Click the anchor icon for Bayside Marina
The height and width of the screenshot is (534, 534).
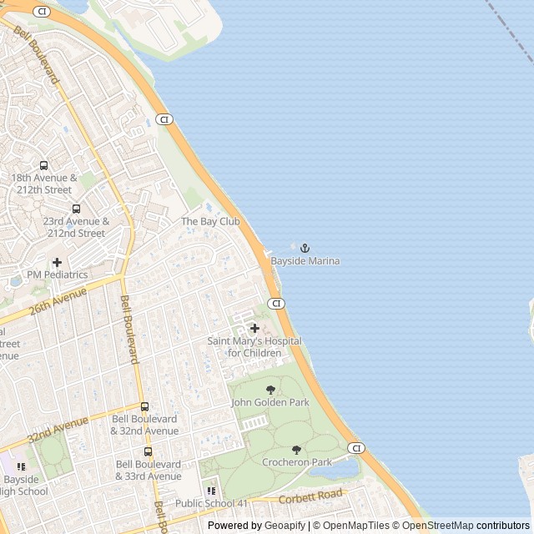[x=305, y=248]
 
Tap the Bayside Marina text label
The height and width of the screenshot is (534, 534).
[x=305, y=261]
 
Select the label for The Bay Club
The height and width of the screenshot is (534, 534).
[x=210, y=221]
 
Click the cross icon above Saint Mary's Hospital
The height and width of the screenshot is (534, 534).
[x=254, y=328]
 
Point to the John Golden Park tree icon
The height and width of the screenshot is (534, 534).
[x=270, y=390]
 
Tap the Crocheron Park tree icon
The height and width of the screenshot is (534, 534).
[x=296, y=450]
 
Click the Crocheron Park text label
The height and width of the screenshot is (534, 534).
[x=297, y=462]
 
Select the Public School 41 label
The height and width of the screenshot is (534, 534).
[x=211, y=503]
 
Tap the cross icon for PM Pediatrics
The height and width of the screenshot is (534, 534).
[x=57, y=262]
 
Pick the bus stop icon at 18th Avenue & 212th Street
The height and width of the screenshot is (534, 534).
[x=43, y=165]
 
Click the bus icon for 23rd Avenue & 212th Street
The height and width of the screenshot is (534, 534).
[x=76, y=209]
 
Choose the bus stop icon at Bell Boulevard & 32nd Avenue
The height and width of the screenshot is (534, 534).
[x=144, y=406]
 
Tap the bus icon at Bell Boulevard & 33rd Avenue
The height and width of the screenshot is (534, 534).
[x=148, y=451]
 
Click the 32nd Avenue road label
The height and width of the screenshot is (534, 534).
[x=58, y=431]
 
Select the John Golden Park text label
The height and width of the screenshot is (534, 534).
[x=270, y=402]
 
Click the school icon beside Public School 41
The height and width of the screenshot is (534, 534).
[x=211, y=491]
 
